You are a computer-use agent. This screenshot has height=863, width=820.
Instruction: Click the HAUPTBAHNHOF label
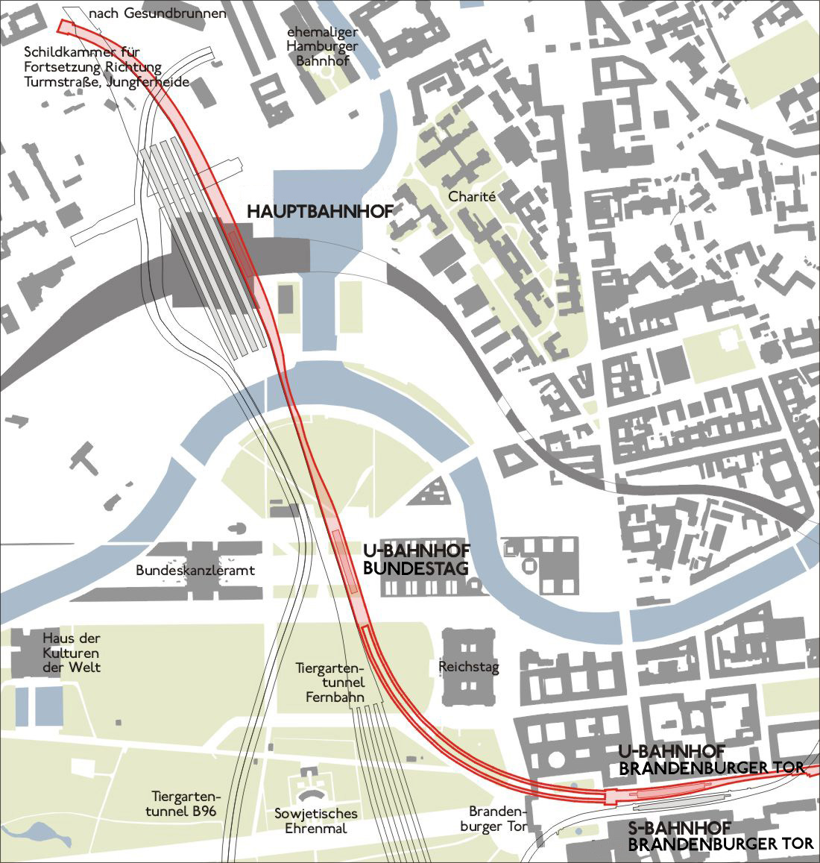tap(319, 212)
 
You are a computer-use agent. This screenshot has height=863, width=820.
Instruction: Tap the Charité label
tap(472, 197)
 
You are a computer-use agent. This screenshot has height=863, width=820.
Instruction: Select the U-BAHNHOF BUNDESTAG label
tap(415, 559)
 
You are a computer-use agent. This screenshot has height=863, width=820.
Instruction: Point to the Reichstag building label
tap(469, 667)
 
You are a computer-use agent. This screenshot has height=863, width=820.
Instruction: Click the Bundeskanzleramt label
tap(195, 571)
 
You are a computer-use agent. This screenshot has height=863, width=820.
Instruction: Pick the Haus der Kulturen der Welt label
tap(72, 653)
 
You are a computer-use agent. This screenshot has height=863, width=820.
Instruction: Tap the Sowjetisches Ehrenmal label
tap(316, 821)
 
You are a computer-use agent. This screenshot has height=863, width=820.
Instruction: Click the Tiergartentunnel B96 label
tap(183, 803)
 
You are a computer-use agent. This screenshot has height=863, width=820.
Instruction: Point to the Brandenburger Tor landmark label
tap(498, 819)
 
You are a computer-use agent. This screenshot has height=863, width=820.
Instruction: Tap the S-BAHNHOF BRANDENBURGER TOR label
tap(720, 836)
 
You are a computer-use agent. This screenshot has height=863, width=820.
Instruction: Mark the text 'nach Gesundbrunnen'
tap(157, 13)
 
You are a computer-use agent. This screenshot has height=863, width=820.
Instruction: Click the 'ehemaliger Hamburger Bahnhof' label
tap(327, 47)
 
